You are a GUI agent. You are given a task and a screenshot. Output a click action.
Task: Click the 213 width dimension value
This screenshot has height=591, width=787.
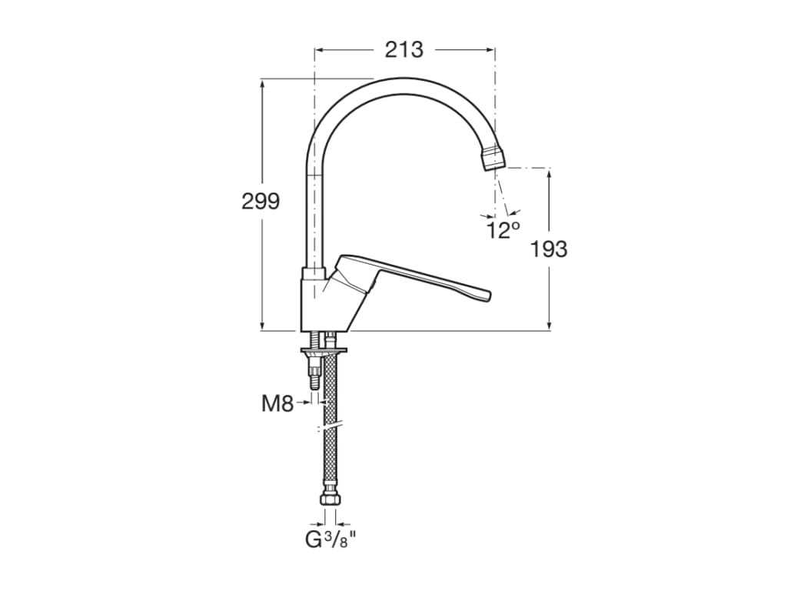[404, 50]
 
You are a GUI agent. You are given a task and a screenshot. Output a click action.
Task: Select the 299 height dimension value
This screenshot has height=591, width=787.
[261, 202]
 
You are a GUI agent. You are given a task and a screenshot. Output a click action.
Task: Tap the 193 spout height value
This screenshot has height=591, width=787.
[550, 249]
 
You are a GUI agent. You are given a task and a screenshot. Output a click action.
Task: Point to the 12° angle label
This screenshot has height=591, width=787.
[503, 229]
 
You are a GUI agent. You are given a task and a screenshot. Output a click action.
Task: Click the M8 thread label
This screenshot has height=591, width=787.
[277, 402]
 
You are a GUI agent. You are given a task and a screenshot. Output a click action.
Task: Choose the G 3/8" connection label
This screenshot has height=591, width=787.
[330, 540]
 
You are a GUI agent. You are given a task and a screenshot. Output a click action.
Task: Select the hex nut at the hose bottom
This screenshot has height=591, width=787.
[330, 500]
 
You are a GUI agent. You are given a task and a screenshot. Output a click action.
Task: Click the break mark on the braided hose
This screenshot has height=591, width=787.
[330, 426]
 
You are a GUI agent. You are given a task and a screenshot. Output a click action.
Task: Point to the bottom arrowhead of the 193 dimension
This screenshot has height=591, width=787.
[550, 326]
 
